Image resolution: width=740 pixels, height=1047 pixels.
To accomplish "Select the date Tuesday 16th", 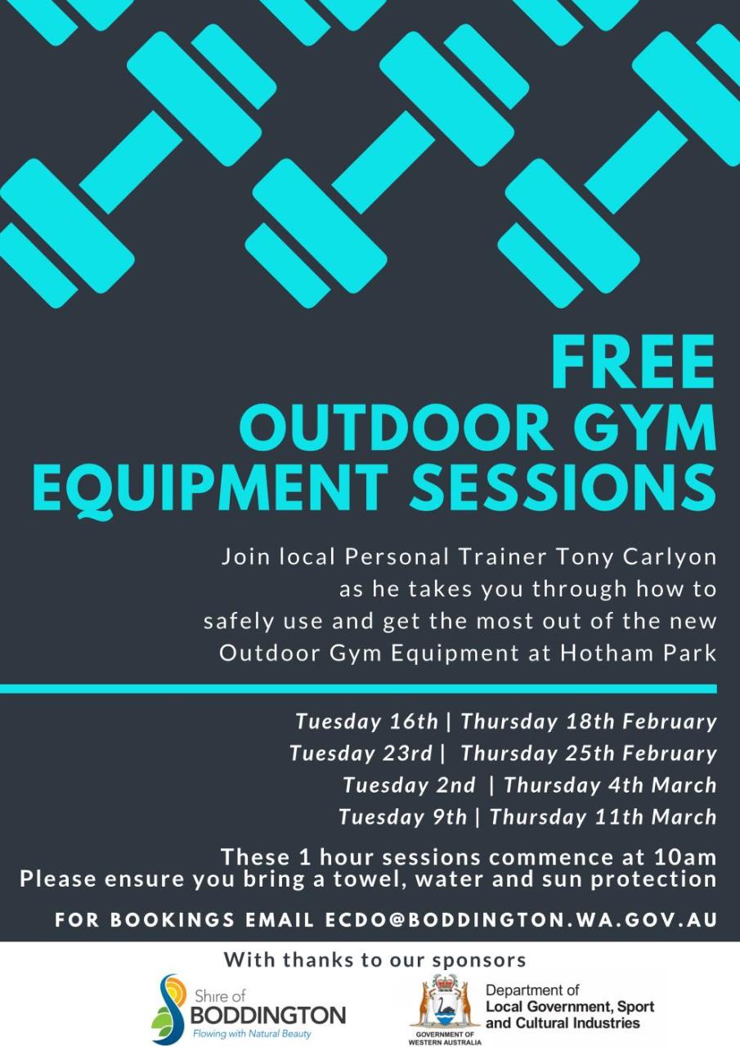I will tap(366, 721).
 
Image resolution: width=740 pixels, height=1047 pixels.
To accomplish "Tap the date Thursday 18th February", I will tap(588, 721).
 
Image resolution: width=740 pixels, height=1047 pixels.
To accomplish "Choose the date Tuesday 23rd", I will tap(361, 753).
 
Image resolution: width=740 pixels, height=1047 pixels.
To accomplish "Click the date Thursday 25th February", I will tap(588, 753).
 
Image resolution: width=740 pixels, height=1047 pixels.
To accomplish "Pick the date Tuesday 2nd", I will tap(408, 785).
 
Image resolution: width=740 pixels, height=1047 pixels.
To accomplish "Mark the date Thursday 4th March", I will tap(610, 785).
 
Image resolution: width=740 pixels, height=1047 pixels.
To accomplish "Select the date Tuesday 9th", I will tap(402, 817).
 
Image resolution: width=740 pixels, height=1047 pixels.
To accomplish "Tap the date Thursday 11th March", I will tap(603, 817).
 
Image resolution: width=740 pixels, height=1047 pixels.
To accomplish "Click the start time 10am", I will tap(685, 857).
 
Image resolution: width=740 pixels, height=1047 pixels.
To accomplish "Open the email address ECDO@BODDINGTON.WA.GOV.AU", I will tap(521, 919).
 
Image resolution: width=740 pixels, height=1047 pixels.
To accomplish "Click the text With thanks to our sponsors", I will tap(374, 959).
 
